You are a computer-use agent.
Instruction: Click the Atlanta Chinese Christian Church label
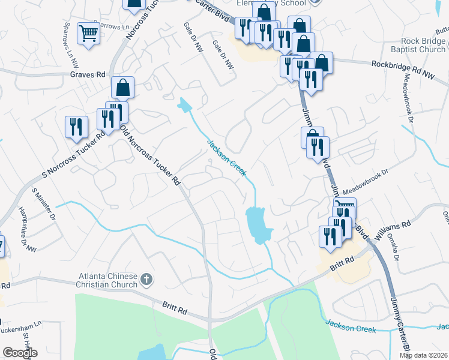[x=107, y=280]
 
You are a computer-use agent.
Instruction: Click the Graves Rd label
[x=88, y=74]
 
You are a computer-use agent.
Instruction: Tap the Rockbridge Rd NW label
[x=402, y=64]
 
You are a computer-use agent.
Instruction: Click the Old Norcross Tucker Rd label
[x=150, y=154]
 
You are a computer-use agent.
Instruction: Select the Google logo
[x=20, y=353]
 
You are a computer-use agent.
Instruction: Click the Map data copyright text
[x=424, y=355]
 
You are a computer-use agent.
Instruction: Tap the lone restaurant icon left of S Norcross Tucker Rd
[x=76, y=126]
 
